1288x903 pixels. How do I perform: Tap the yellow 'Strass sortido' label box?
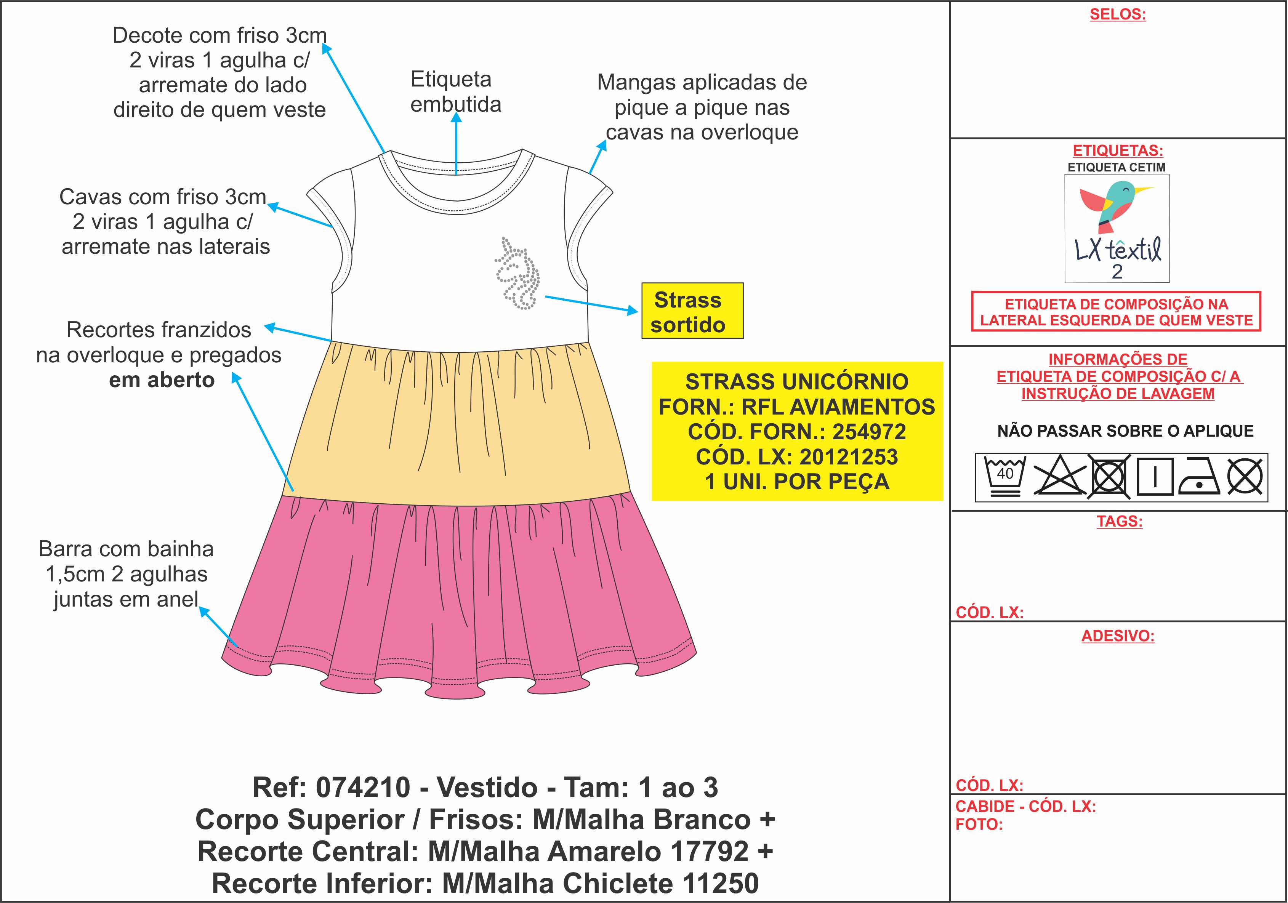point(692,311)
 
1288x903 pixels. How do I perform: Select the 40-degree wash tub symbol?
point(1005,476)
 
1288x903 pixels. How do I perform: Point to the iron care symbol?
point(1199,477)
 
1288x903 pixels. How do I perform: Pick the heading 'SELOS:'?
point(1117,14)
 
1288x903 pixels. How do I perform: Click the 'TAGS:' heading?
point(1119,521)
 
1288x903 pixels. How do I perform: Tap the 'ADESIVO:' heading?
point(1117,636)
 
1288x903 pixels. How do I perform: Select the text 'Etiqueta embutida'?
point(455,91)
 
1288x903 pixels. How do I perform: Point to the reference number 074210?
point(363,788)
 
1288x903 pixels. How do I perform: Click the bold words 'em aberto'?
point(162,380)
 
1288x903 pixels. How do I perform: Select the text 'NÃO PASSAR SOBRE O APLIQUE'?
point(1125,431)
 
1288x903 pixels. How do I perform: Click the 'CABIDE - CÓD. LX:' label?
point(1025,807)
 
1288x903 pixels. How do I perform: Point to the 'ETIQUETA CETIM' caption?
point(1117,167)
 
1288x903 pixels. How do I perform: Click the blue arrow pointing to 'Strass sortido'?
point(591,304)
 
